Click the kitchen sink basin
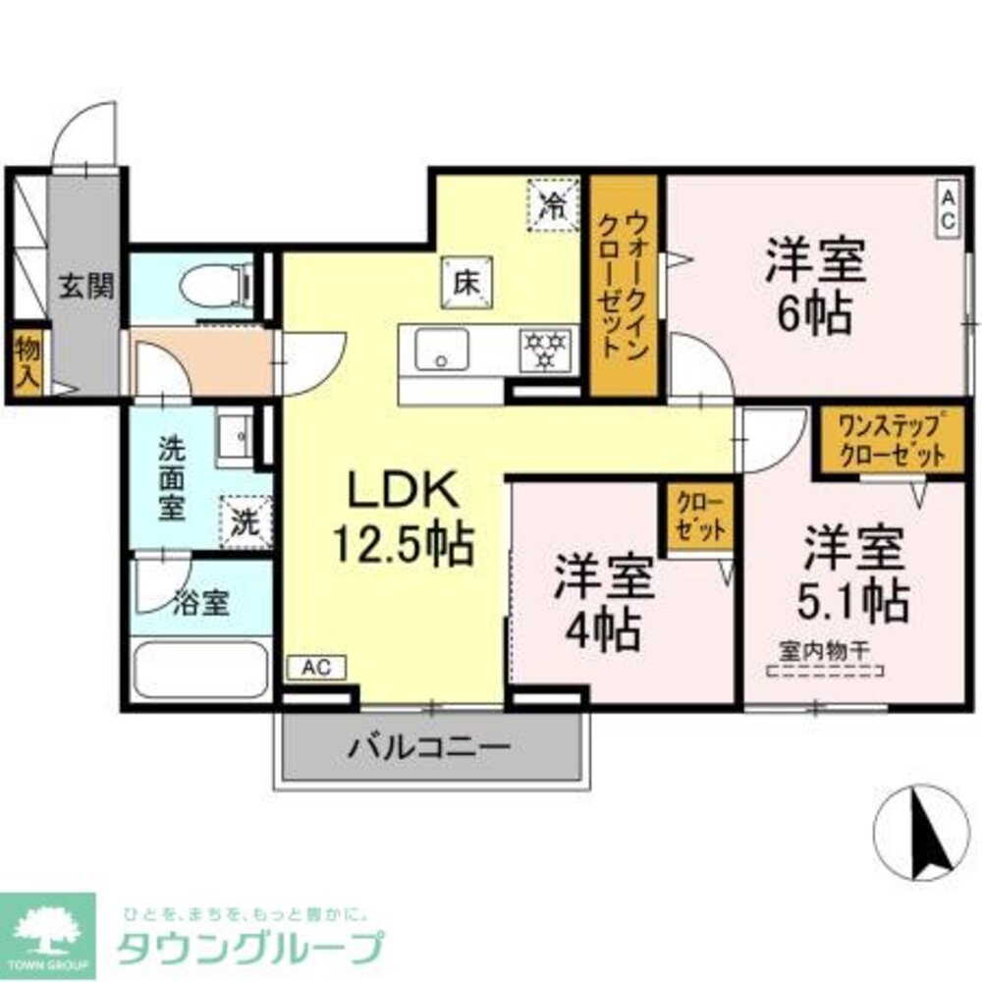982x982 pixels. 442,350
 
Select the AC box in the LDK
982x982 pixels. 315,668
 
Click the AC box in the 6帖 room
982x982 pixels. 949,208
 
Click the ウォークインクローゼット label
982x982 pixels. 623,285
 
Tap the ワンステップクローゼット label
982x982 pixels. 892,441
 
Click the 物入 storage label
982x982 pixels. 26,361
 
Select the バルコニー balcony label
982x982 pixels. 430,748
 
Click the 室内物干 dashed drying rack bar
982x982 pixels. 826,672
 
